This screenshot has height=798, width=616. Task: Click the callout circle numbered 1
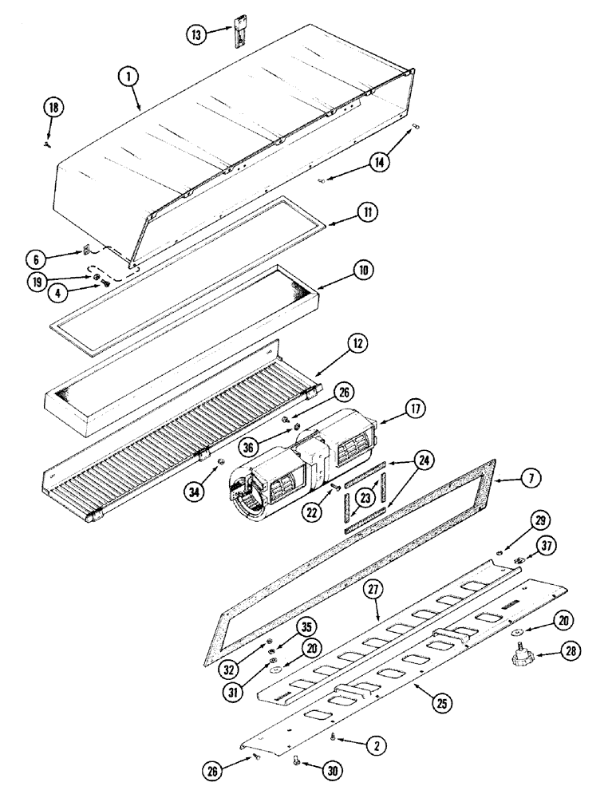(x=128, y=76)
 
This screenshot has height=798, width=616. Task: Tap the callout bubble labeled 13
(x=196, y=34)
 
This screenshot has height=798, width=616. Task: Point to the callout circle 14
(x=381, y=161)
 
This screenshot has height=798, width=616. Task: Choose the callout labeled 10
(x=362, y=271)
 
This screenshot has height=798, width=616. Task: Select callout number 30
(x=330, y=770)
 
